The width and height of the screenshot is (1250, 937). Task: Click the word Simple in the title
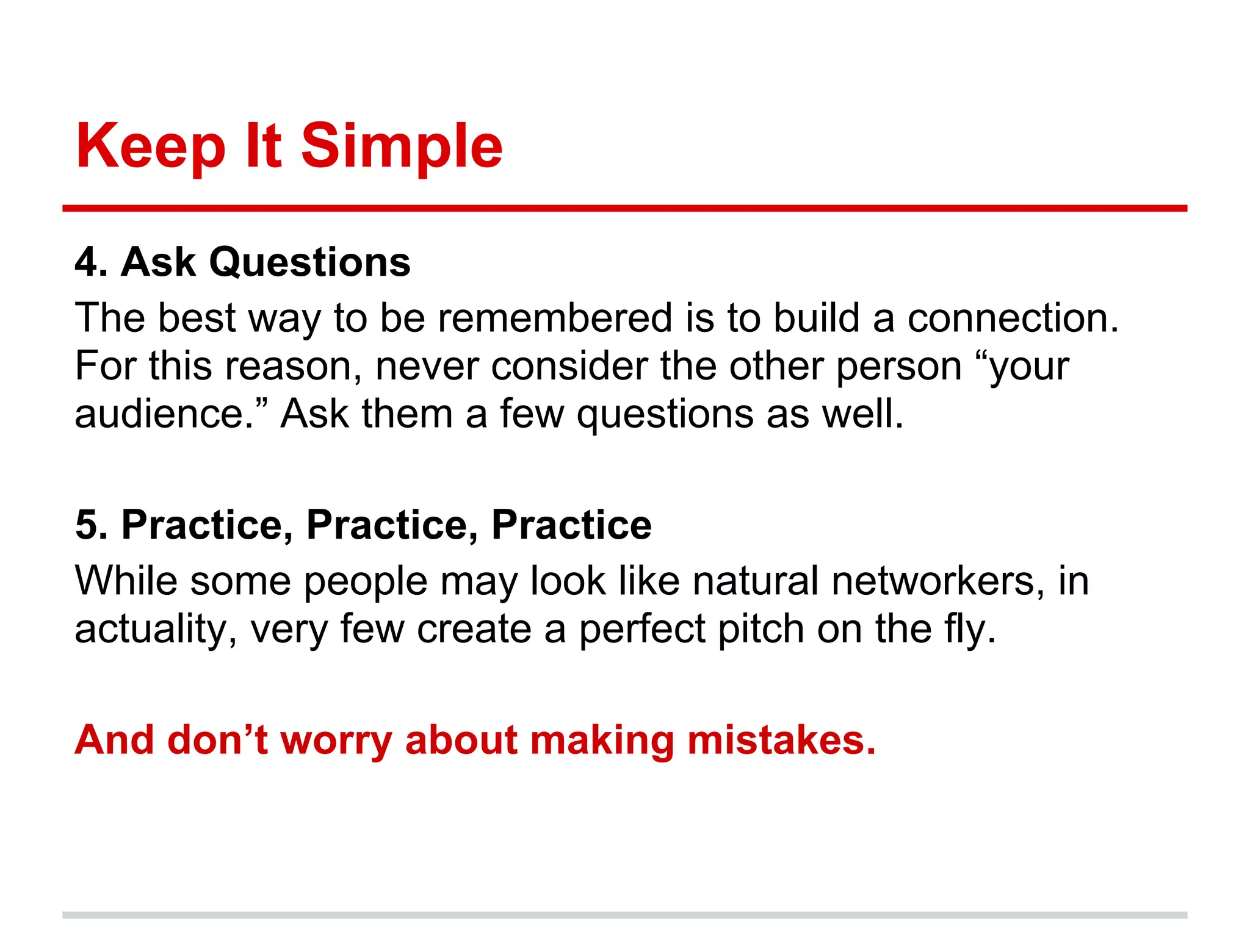click(x=402, y=146)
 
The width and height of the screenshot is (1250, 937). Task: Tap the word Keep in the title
click(x=151, y=146)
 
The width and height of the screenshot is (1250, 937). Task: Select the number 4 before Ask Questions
click(x=87, y=263)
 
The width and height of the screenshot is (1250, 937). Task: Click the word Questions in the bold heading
click(x=309, y=263)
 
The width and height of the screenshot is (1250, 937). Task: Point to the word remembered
click(x=555, y=318)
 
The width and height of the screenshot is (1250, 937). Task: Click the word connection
click(x=1012, y=318)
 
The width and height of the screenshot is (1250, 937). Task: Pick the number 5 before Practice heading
click(x=87, y=525)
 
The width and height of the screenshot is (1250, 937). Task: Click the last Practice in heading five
click(x=571, y=525)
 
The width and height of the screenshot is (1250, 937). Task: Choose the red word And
click(x=114, y=740)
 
